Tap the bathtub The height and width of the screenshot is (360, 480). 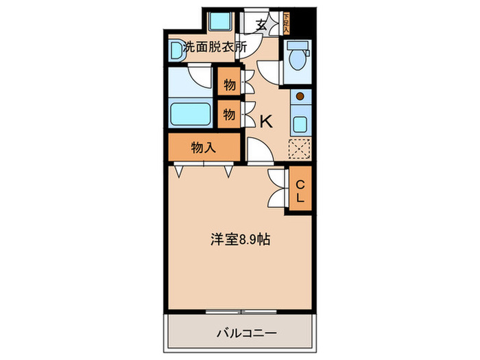[191, 112]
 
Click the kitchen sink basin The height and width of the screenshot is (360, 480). [300, 124]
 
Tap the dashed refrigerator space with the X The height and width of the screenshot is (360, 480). [300, 149]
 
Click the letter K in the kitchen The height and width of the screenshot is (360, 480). [265, 122]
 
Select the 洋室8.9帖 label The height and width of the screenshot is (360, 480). [239, 241]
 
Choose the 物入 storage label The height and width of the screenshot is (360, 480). [203, 147]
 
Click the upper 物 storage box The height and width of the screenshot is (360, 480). [228, 85]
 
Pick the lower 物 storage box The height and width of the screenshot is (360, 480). [228, 115]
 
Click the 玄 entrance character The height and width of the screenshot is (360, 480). [261, 25]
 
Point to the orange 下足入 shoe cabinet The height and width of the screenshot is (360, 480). [286, 24]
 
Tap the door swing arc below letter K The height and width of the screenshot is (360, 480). [259, 151]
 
